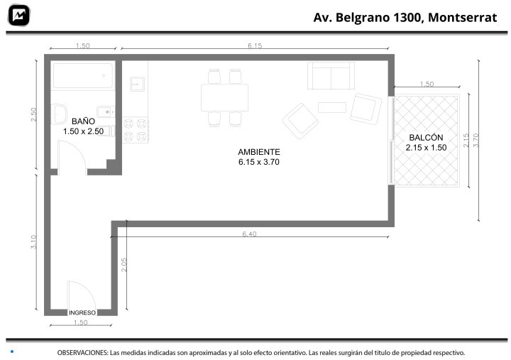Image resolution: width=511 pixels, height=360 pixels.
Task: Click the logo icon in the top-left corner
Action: [18, 16]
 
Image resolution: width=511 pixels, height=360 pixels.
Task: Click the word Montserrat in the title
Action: [463, 17]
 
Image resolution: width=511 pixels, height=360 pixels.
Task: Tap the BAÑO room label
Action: [83, 121]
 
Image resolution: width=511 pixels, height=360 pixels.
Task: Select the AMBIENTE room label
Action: [259, 152]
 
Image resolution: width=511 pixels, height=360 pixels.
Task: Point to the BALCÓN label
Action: [426, 138]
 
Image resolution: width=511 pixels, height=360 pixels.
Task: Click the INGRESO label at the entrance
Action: [82, 312]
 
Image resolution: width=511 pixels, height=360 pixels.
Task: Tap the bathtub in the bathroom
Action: [83, 76]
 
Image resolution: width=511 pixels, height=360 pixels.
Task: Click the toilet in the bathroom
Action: [59, 114]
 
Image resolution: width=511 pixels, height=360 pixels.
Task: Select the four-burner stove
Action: [135, 130]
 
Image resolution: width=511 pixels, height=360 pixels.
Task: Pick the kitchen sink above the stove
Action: [137, 84]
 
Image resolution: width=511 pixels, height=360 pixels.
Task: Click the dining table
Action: [224, 98]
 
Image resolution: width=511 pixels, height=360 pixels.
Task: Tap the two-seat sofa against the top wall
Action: [331, 76]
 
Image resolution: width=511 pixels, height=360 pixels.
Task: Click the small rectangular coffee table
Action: [331, 107]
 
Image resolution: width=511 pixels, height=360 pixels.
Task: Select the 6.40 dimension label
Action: [249, 234]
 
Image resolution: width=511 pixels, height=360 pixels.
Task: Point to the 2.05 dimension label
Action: [123, 265]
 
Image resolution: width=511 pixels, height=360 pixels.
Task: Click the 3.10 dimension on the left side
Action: [34, 242]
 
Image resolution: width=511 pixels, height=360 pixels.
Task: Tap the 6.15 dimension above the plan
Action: [255, 45]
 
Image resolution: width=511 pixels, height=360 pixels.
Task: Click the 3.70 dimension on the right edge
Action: [476, 140]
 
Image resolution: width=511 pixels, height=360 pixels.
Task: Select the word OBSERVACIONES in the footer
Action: [82, 352]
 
